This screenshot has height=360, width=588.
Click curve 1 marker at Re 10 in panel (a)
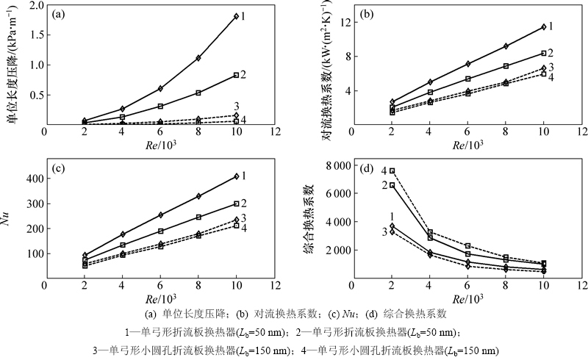235,16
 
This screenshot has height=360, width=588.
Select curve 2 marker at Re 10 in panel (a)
235,75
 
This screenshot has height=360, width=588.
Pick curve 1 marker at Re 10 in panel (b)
543,26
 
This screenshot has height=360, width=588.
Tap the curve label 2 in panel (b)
551,53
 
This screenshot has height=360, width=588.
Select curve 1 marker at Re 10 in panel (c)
235,176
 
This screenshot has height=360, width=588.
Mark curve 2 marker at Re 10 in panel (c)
235,204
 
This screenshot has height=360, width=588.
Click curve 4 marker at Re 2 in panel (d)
392,170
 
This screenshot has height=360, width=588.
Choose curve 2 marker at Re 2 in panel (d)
392,185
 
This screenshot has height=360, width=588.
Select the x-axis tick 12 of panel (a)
274,132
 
